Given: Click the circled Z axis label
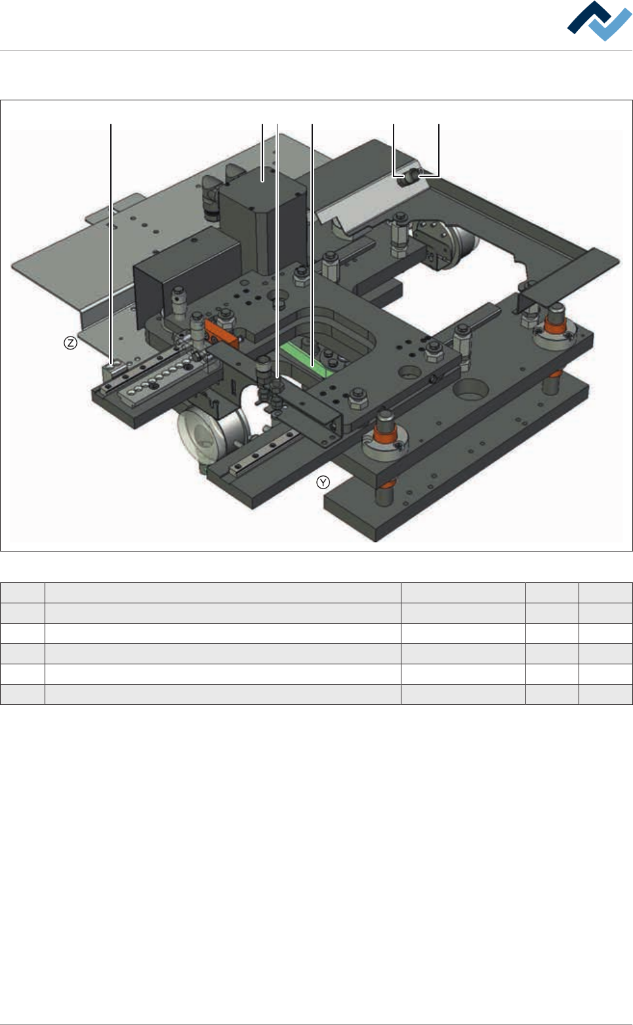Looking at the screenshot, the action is click(70, 343).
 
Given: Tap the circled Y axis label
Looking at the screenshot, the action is click(323, 482).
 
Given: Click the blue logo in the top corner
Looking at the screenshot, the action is click(599, 21).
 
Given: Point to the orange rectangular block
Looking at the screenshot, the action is click(222, 332).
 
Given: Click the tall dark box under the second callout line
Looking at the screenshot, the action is click(262, 220).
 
